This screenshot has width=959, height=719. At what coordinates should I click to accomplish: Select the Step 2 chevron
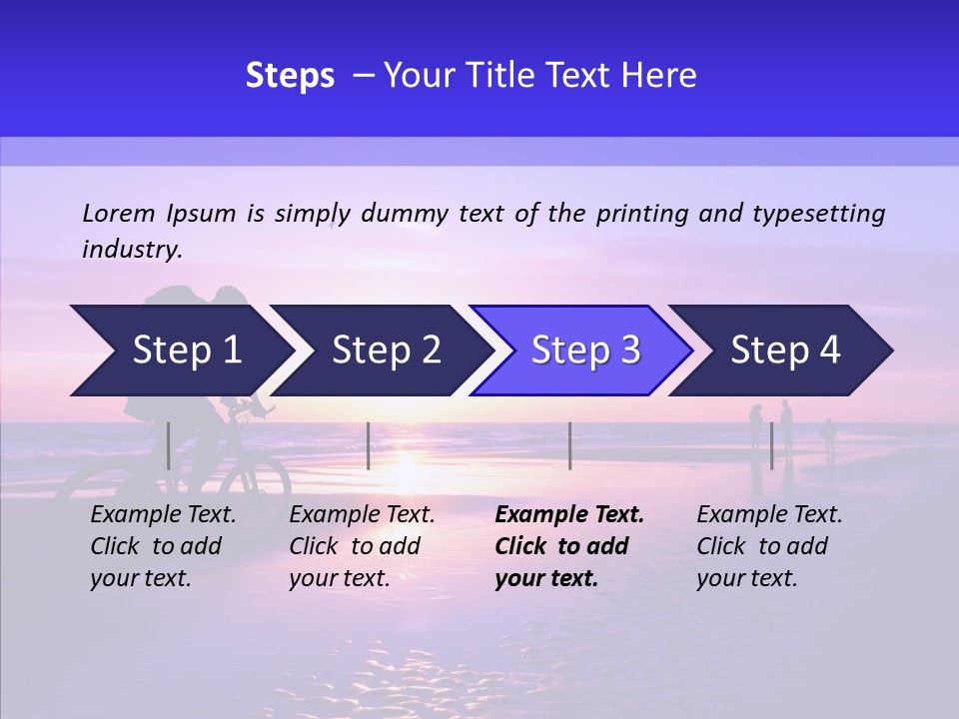click(385, 351)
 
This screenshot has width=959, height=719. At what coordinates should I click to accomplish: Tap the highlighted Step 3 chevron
click(584, 351)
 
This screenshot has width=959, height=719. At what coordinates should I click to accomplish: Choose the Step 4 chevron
click(784, 351)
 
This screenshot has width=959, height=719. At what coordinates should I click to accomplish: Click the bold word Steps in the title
click(290, 75)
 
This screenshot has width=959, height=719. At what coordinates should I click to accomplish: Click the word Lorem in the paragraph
click(118, 213)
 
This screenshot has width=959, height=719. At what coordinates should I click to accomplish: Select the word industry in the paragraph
click(132, 250)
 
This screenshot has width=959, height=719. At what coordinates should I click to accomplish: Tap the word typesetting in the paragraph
click(819, 213)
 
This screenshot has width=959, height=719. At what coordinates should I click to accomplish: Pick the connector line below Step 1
click(169, 445)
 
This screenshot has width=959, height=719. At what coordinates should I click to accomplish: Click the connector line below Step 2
click(369, 445)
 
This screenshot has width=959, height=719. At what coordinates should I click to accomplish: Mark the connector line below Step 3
click(569, 445)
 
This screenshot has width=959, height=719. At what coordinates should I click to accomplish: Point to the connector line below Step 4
click(771, 445)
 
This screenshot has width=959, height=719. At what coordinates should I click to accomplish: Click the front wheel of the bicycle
click(255, 489)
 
